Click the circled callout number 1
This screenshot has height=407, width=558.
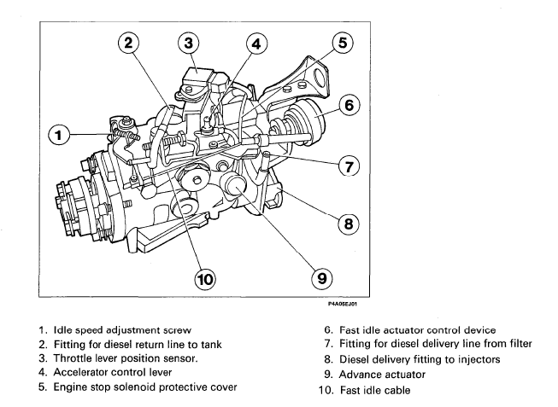(x=60, y=134)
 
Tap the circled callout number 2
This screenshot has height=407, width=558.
(x=128, y=44)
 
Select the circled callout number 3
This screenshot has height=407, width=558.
(x=189, y=43)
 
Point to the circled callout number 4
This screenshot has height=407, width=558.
(x=256, y=44)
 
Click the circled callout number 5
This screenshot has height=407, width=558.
(x=340, y=42)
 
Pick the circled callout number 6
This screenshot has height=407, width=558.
(x=347, y=104)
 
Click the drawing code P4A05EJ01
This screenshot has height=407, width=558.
(x=343, y=299)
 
